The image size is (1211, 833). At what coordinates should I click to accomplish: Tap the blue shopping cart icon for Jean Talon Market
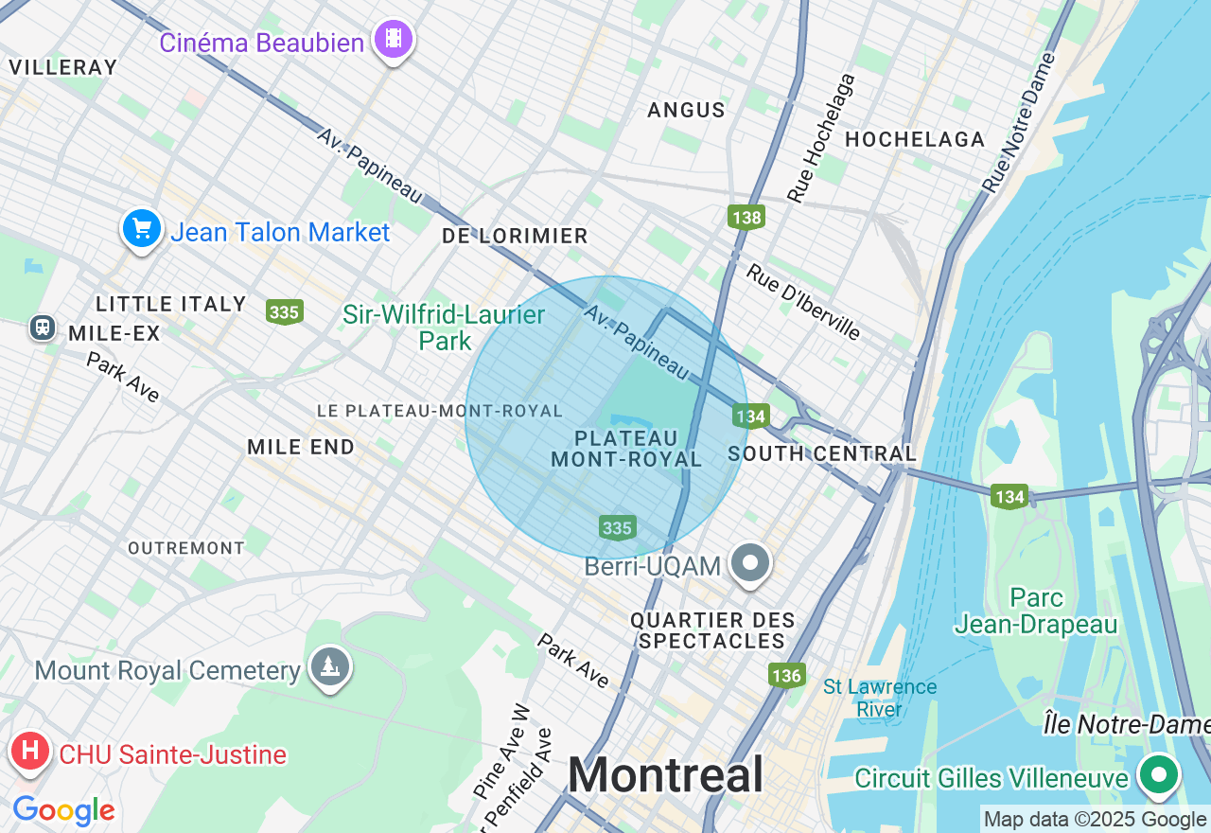(x=142, y=229)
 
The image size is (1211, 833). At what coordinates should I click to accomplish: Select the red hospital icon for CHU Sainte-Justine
(x=30, y=752)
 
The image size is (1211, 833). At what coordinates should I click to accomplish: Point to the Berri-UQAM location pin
(x=751, y=563)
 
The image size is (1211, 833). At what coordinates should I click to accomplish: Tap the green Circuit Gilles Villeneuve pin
(x=1158, y=774)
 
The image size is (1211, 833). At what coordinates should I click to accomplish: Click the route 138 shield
(x=746, y=218)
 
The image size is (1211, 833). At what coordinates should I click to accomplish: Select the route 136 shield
(x=786, y=675)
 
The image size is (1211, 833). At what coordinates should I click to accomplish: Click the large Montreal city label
(x=665, y=775)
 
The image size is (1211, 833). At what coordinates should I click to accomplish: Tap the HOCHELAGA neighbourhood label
(x=915, y=140)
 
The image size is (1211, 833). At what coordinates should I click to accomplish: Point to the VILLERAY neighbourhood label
(x=63, y=67)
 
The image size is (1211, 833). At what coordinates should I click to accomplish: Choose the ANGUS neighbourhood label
(x=686, y=110)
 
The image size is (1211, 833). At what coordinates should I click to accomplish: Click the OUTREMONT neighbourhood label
(x=186, y=548)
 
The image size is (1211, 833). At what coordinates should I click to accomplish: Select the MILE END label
(x=301, y=447)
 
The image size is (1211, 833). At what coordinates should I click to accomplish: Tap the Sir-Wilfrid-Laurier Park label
(x=444, y=328)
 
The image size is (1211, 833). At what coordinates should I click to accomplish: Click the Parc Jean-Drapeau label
(x=1036, y=611)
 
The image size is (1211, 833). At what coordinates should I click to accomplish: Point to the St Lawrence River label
(x=880, y=698)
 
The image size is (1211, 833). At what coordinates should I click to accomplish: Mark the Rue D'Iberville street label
(x=803, y=302)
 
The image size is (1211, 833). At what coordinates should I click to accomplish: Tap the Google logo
(x=63, y=810)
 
